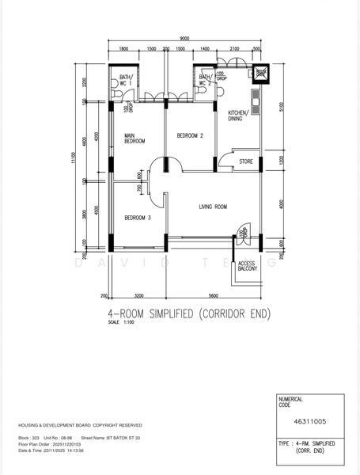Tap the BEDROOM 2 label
pos(190,136)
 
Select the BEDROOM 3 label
pos(138,218)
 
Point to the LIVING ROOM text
pos(212,207)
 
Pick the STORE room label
pos(247,162)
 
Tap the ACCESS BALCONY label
pos(248,265)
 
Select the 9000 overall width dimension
pos(184,39)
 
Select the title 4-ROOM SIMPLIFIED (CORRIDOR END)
pos(189,313)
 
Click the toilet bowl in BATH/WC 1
pos(117,93)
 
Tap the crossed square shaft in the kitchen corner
pos(259,74)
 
